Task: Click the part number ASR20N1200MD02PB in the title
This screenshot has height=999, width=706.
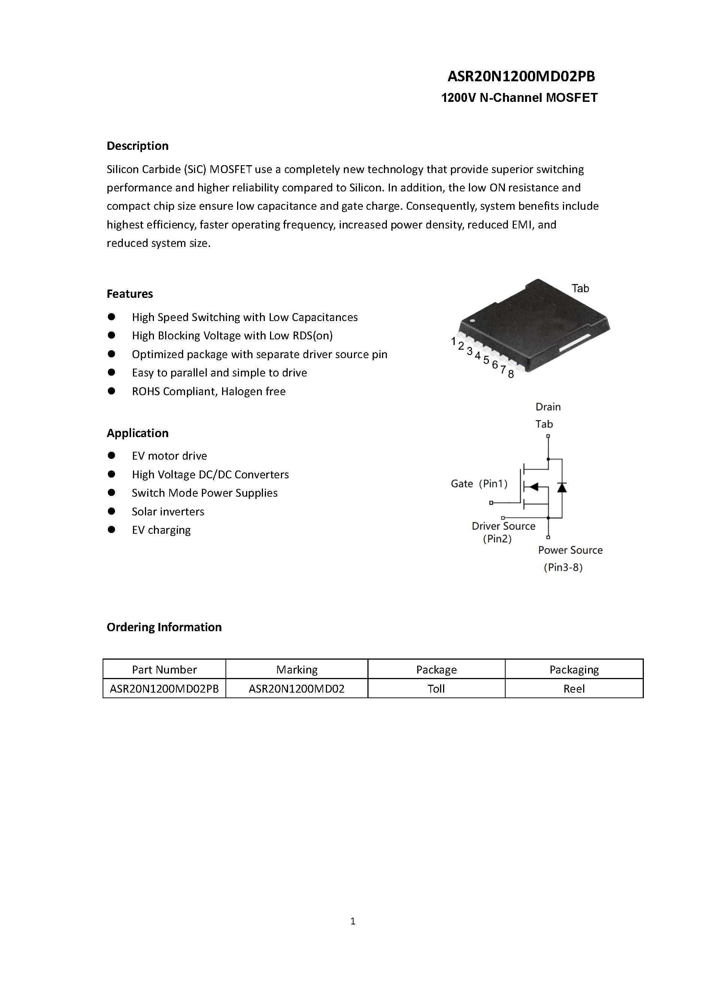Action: (x=521, y=76)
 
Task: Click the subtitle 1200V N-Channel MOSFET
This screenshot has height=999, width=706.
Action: (x=519, y=97)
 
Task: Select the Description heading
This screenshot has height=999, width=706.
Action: (x=137, y=146)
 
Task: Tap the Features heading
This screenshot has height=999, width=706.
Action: (x=130, y=294)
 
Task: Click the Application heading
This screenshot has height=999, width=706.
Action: (x=137, y=433)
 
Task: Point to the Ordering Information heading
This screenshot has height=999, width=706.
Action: (x=164, y=627)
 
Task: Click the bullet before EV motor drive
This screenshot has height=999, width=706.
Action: (x=111, y=455)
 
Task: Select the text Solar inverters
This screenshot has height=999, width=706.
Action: (x=168, y=511)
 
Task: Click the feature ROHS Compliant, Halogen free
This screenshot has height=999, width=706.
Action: (x=209, y=391)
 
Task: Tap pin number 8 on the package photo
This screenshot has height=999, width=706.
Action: (x=511, y=374)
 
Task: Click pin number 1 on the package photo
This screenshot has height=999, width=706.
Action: (x=453, y=341)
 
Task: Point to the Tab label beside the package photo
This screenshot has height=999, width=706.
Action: (x=580, y=288)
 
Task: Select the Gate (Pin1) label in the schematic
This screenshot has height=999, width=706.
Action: (x=479, y=484)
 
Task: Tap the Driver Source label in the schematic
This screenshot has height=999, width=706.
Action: (x=503, y=526)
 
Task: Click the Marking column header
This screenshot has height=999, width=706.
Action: (x=297, y=670)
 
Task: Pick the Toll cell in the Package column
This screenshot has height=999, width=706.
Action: (x=436, y=689)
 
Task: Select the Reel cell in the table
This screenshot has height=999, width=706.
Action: (x=574, y=689)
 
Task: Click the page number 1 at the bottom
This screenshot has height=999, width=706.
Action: (x=353, y=921)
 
